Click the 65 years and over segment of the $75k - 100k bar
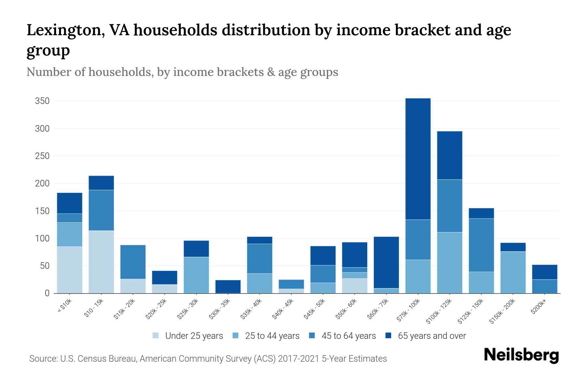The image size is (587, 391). (418, 159)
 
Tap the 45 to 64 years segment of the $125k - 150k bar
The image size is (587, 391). (481, 245)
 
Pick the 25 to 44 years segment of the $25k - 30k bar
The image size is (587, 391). (196, 275)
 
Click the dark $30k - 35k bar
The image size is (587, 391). (228, 286)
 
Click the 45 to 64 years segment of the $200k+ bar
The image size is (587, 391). (544, 286)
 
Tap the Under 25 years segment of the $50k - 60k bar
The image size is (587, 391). (354, 286)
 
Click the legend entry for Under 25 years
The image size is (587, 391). (188, 336)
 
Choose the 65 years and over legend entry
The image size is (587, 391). (426, 336)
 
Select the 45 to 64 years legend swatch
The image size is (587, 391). (312, 336)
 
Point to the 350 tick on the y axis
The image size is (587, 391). (42, 101)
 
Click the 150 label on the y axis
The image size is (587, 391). (42, 211)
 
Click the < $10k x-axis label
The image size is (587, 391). (65, 306)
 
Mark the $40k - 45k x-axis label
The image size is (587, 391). (283, 309)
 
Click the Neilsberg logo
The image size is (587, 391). (521, 355)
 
